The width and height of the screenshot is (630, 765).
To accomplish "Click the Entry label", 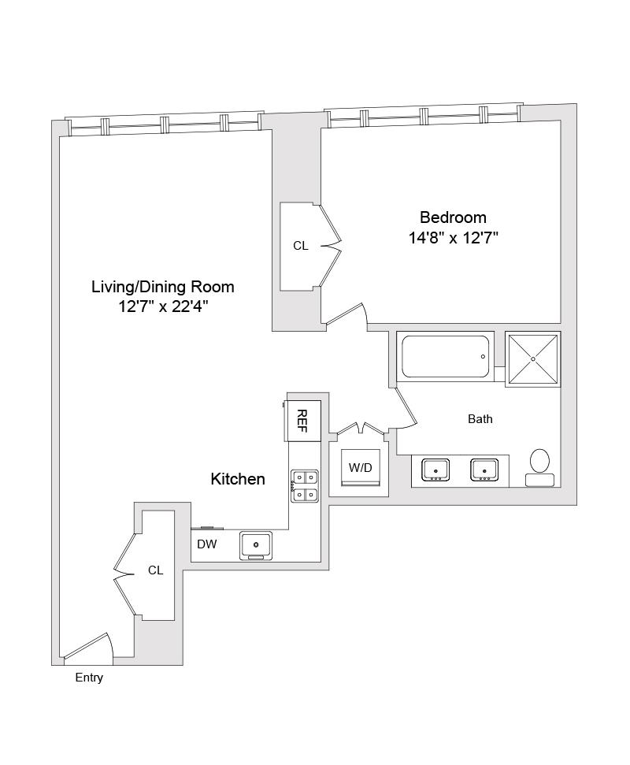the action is coord(89,678).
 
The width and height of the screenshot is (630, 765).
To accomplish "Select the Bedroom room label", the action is coord(453,217).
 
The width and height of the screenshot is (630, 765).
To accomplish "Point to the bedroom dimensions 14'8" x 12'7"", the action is coord(453,238).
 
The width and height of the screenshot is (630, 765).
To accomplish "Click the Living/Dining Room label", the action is coord(163,287).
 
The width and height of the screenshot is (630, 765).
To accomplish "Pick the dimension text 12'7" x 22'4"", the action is coord(163,307).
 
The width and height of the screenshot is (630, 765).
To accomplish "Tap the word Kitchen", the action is coord(238,479).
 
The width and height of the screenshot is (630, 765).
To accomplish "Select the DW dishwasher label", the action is coord(207,544).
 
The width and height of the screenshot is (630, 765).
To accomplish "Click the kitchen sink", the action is coord(256,544).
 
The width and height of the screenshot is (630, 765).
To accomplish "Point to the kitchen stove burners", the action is coord(304,485).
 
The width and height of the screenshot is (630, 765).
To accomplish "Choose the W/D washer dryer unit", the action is coord(360,468).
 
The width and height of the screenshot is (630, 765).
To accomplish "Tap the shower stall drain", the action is coord(533,359).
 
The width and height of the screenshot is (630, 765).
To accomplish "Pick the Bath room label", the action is coord(480,419).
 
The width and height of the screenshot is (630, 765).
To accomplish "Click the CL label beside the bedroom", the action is coord(301,246).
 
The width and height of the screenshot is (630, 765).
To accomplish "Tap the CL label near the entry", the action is coord(156,570).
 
